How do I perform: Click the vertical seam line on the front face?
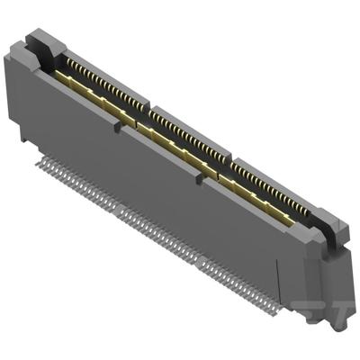pos(274,270)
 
